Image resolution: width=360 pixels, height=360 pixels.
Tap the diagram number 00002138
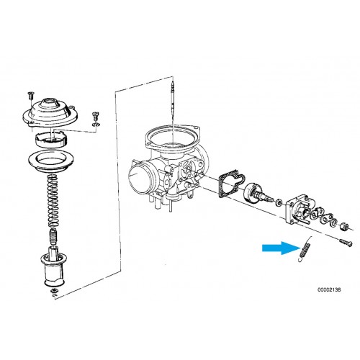tap(329, 289)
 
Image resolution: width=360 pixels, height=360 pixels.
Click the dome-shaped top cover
tap(50, 112)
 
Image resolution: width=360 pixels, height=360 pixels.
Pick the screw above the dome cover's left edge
tap(30, 96)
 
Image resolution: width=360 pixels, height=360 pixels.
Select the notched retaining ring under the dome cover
tap(51, 140)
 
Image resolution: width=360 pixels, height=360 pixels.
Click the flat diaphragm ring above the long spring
tap(50, 161)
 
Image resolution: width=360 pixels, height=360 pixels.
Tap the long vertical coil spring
tap(53, 201)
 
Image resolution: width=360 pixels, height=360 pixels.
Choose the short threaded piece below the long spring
tap(53, 236)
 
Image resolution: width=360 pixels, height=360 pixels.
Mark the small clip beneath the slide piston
tap(53, 291)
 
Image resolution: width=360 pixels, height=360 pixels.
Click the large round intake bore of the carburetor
tap(140, 177)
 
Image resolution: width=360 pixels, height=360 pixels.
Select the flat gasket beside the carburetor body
tap(232, 184)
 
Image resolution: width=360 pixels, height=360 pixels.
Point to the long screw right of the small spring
tap(346, 242)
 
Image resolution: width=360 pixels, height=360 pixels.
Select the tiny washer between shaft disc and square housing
tap(279, 202)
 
